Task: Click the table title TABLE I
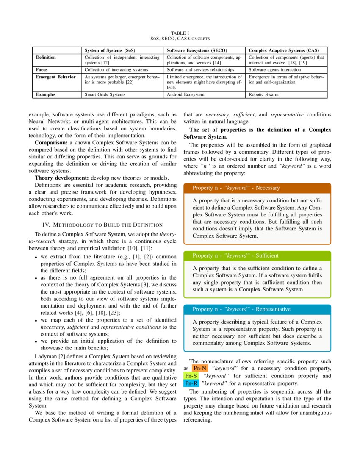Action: pyautogui.click(x=180, y=33)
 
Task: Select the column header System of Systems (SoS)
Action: pyautogui.click(x=110, y=50)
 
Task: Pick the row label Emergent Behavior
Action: pyautogui.click(x=55, y=77)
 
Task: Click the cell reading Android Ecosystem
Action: pyautogui.click(x=186, y=94)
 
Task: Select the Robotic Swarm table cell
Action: pyautogui.click(x=263, y=94)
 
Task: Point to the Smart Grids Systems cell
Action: pyautogui.click(x=105, y=94)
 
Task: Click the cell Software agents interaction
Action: pyautogui.click(x=274, y=69)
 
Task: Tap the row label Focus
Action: pyautogui.click(x=42, y=69)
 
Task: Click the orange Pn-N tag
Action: pyautogui.click(x=199, y=368)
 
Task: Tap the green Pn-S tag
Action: pyautogui.click(x=191, y=376)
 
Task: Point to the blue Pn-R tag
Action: pyautogui.click(x=191, y=383)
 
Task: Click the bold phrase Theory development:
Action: pyautogui.click(x=61, y=177)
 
